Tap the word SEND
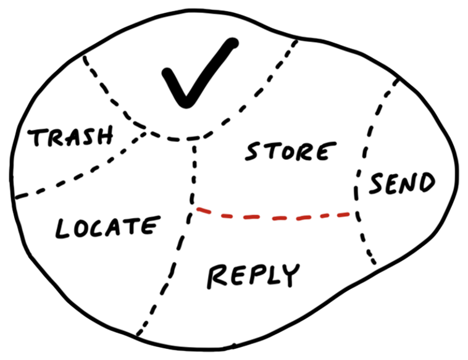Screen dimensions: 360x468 pos(401,183)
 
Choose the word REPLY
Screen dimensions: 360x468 pos(253,274)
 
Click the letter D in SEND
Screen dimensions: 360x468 pos(425,182)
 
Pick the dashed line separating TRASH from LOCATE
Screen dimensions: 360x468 pos(80,173)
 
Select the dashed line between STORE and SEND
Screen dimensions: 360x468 pos(365,148)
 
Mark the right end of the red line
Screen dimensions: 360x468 pos(356,214)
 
